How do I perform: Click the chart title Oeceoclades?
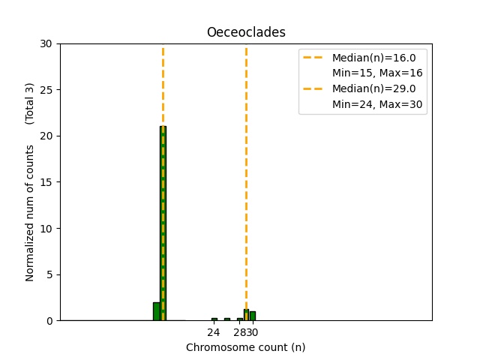[x=246, y=33]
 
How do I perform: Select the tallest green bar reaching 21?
[x=163, y=225]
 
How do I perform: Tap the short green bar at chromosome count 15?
[x=156, y=311]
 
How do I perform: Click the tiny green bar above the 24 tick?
[x=214, y=319]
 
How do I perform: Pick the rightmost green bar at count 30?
[x=253, y=316]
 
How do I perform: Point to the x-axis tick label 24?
[x=214, y=332]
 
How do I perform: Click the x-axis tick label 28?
[x=238, y=332]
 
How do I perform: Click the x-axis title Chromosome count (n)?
[x=246, y=347]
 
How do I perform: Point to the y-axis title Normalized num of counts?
[x=30, y=213]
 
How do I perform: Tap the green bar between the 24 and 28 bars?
[x=227, y=319]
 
